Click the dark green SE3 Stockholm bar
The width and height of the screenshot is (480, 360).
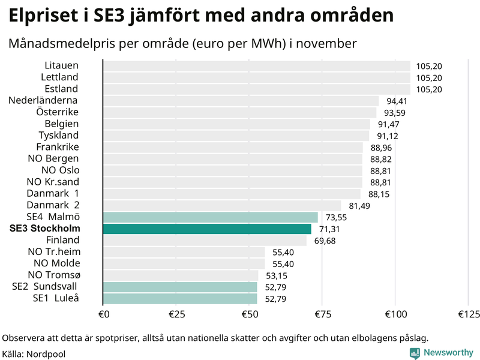pyautogui.click(x=207, y=229)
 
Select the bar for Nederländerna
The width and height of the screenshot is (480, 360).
pyautogui.click(x=241, y=101)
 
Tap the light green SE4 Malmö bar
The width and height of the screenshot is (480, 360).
pyautogui.click(x=210, y=217)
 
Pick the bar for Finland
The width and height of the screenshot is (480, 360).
pyautogui.click(x=205, y=241)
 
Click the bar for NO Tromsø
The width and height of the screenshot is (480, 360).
pyautogui.click(x=181, y=275)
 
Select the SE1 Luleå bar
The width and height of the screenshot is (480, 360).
pyautogui.click(x=180, y=298)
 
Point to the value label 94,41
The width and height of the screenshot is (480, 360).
pyautogui.click(x=397, y=101)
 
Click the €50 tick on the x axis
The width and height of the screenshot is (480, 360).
pyautogui.click(x=249, y=314)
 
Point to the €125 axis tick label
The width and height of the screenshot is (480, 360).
pyautogui.click(x=469, y=314)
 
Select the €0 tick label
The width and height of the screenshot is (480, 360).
pyautogui.click(x=103, y=314)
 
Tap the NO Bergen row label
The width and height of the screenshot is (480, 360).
pyautogui.click(x=53, y=158)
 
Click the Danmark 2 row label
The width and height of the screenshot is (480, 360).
pyautogui.click(x=53, y=205)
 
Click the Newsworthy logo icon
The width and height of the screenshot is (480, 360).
pyautogui.click(x=415, y=337)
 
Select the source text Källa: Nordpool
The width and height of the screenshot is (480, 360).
pyautogui.click(x=34, y=354)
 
